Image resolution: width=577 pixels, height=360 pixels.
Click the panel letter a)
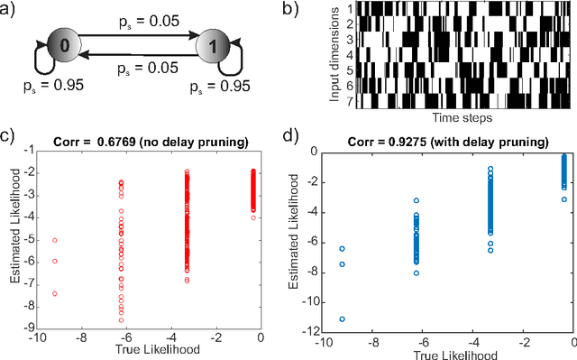[11, 10]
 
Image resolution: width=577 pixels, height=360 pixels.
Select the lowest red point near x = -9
[54, 293]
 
